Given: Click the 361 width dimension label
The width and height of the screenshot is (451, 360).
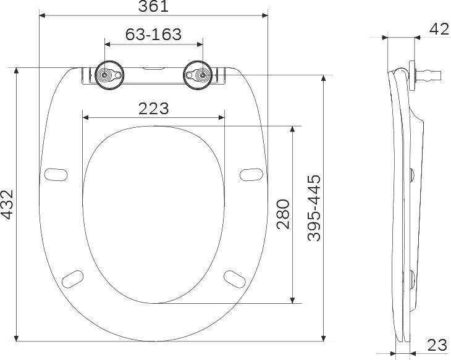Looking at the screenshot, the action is point(153,6).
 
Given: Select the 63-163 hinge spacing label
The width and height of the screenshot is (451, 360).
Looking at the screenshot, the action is point(153,35).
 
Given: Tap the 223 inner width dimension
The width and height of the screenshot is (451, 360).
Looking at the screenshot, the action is point(154,109).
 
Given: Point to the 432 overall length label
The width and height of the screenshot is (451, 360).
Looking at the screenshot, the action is point(7,204).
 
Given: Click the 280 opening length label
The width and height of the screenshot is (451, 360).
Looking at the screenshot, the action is point(283,214).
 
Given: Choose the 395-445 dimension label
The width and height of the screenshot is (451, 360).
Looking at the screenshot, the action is point(314,208).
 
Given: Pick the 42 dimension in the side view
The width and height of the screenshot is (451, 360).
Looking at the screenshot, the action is point(439,29).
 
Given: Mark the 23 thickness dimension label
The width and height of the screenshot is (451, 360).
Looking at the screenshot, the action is point(437,345).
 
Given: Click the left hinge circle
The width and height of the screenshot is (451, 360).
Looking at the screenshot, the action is point(109,75).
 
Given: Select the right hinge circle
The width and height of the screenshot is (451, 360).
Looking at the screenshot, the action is point(198,75).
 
